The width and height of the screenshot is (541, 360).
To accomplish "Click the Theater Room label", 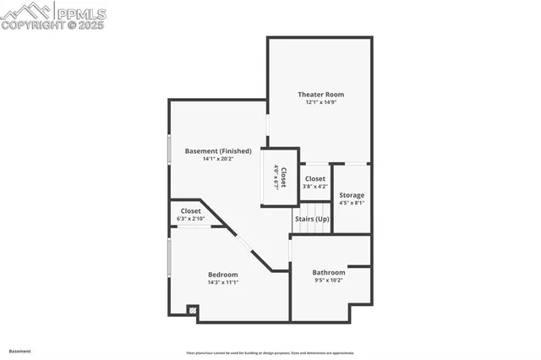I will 320,94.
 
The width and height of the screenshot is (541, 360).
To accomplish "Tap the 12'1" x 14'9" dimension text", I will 320,102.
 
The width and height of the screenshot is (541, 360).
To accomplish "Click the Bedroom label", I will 223,275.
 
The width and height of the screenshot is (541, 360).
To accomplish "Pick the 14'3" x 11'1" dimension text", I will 223,282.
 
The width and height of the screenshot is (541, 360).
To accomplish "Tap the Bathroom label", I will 329,272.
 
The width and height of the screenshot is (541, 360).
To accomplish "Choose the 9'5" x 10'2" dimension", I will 329,280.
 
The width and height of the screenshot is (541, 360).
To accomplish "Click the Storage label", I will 352,195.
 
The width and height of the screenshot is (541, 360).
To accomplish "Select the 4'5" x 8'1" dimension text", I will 352,203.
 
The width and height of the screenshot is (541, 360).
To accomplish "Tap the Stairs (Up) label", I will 312,219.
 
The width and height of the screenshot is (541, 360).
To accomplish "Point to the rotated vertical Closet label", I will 283,177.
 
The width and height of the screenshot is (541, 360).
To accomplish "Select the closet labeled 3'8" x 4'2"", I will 315,183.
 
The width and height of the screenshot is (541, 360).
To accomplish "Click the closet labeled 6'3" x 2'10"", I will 191,215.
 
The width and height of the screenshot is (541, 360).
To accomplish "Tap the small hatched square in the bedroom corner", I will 193,311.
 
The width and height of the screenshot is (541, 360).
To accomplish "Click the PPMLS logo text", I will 80,13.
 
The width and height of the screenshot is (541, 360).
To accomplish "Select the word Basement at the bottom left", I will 19,350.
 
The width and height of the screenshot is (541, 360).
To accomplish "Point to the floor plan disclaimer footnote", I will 270,353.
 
